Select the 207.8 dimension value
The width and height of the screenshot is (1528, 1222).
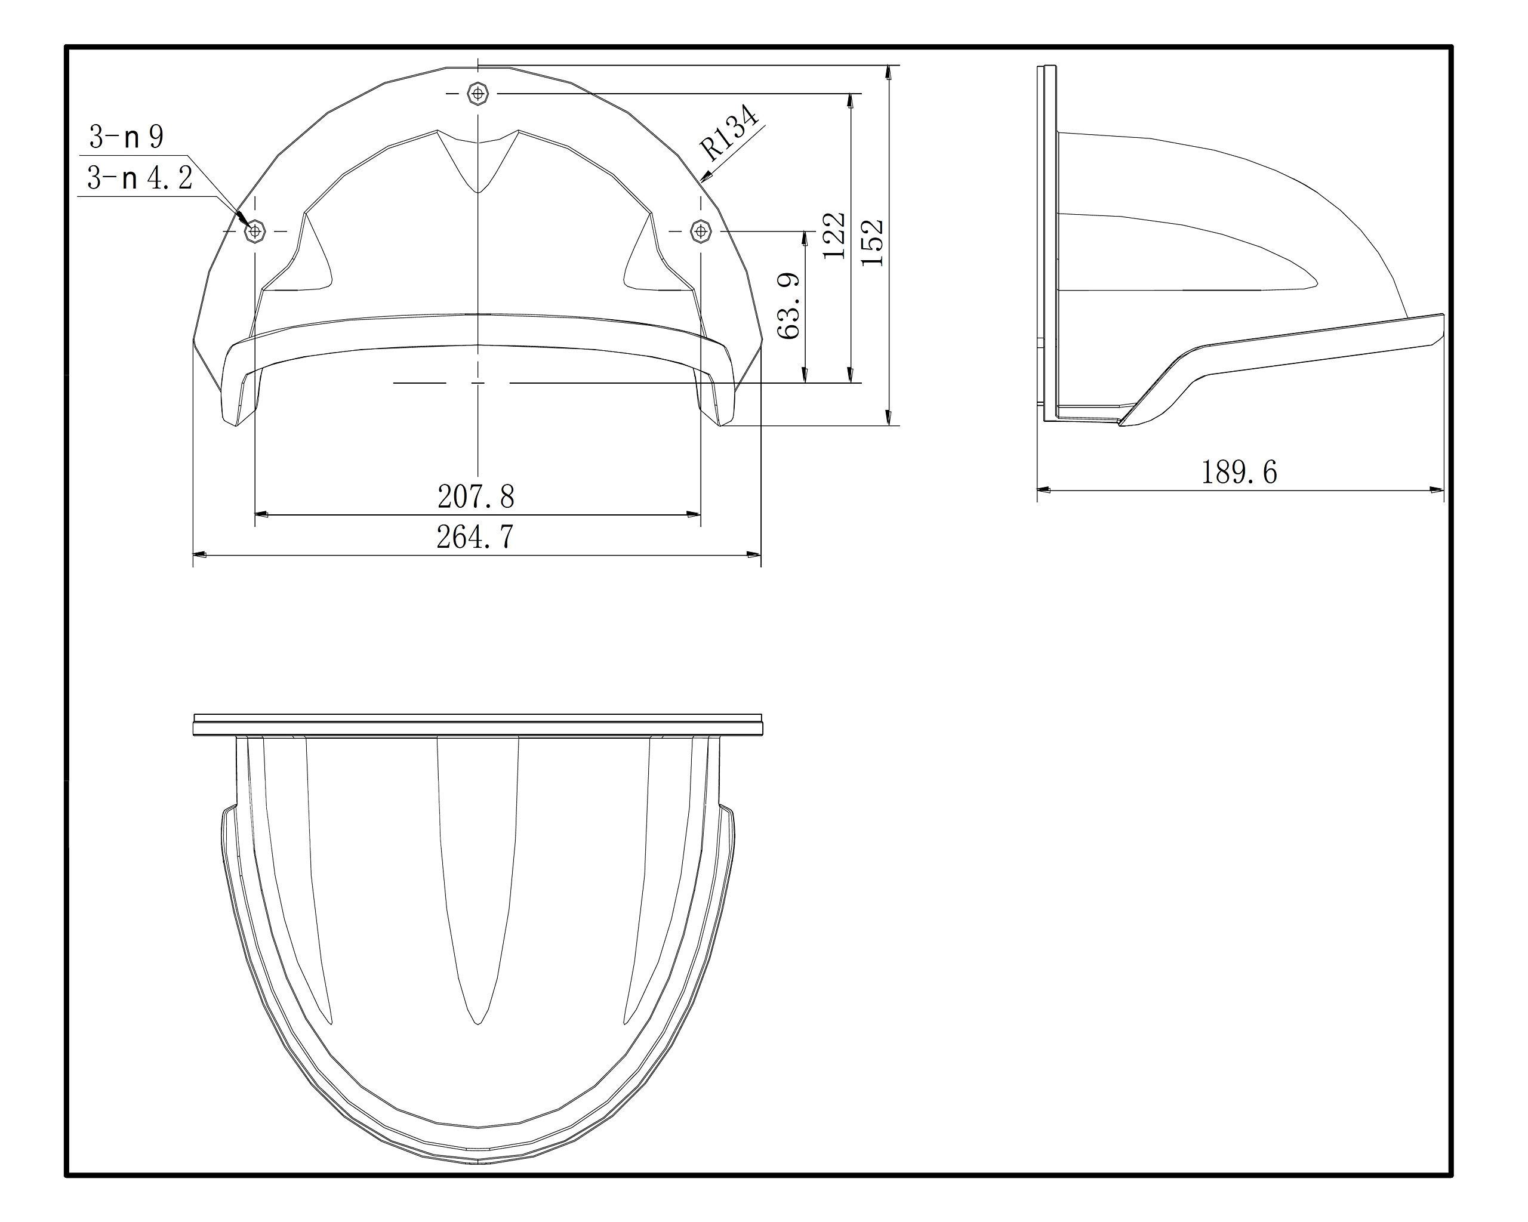(476, 496)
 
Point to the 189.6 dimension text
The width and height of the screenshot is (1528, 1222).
(1239, 472)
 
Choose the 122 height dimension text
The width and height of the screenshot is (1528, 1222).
(834, 235)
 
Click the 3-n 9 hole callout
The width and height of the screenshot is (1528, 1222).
(126, 137)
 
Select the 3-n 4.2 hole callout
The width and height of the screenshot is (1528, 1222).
(140, 178)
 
